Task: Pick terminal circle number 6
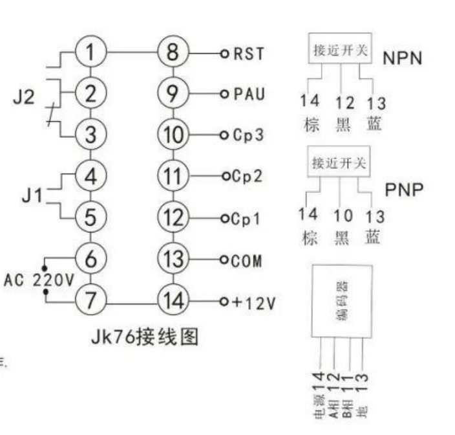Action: pyautogui.click(x=91, y=259)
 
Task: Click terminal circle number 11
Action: pyautogui.click(x=173, y=176)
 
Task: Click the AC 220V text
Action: pyautogui.click(x=39, y=280)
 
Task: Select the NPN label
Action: pyautogui.click(x=401, y=58)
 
